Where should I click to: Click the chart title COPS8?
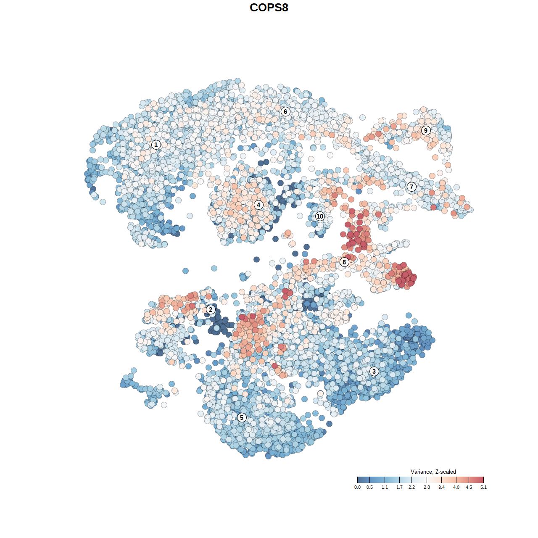[269, 8]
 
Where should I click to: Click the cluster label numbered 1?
[156, 145]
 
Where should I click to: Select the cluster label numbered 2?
[211, 310]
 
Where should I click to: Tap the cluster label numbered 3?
[374, 371]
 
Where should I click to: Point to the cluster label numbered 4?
[258, 205]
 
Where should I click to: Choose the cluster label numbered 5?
[241, 417]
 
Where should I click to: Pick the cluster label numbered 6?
[285, 111]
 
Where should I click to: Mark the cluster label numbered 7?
[411, 187]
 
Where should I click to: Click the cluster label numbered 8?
[344, 262]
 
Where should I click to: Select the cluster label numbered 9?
[426, 130]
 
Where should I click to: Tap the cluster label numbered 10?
[320, 216]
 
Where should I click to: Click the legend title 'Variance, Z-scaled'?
[433, 472]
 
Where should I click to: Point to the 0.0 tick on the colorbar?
[357, 480]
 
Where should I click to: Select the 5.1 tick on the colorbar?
[483, 480]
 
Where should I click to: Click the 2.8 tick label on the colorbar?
[427, 488]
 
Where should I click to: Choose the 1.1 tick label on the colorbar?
[385, 488]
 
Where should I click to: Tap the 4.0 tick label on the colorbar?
[456, 488]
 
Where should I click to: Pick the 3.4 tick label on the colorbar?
[441, 488]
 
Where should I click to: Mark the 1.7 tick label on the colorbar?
[399, 488]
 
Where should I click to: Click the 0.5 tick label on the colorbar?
[369, 488]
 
